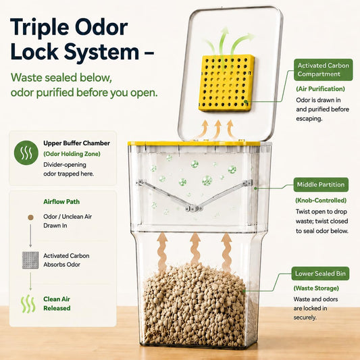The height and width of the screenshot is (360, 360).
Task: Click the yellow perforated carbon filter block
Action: coord(226,83)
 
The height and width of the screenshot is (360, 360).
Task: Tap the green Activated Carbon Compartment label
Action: coord(323,70)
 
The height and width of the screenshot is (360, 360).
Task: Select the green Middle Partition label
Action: coord(321,184)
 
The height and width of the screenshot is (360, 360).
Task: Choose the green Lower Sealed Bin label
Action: coord(320,274)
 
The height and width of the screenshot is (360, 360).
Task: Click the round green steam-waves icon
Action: coord(26,153)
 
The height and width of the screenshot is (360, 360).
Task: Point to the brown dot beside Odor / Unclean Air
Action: coord(30,217)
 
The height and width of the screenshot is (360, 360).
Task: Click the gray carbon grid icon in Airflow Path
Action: coord(30,260)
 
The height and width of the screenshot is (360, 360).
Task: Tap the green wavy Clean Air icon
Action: coord(28,304)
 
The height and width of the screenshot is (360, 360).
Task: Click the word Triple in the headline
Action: coord(40,28)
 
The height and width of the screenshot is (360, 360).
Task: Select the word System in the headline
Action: coord(101,51)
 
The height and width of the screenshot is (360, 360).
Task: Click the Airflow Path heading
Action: coord(61,201)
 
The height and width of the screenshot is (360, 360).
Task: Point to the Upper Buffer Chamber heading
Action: coord(77,143)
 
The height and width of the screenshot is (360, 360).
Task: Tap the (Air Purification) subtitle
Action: coord(320,89)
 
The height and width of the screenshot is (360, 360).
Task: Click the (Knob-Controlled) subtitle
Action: coord(321,200)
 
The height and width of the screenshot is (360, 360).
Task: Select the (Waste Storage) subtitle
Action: coord(316,288)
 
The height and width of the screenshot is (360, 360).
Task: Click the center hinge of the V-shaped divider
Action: coord(194,209)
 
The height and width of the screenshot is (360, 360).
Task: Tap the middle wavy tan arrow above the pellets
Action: coord(195,249)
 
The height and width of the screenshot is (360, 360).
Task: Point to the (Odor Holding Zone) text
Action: coord(72,154)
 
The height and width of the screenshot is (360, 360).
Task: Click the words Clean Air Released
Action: coord(57,303)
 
